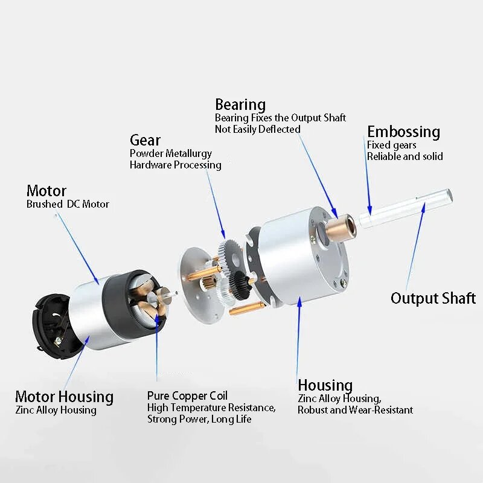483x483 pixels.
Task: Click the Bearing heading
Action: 240,105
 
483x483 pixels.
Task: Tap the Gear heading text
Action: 145,141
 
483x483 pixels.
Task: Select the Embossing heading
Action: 403,132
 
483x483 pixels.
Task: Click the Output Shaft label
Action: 433,298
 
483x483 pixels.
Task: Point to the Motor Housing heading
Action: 64,397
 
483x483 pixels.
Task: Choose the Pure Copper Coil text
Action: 187,396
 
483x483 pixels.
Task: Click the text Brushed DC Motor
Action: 68,204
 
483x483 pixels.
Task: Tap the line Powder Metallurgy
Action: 171,153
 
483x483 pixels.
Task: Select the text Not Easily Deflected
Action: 257,129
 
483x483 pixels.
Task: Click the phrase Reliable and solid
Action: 405,156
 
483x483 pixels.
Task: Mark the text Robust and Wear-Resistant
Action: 355,410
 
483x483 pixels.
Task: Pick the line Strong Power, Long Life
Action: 199,420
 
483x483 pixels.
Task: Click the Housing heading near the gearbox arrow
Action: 325,385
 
